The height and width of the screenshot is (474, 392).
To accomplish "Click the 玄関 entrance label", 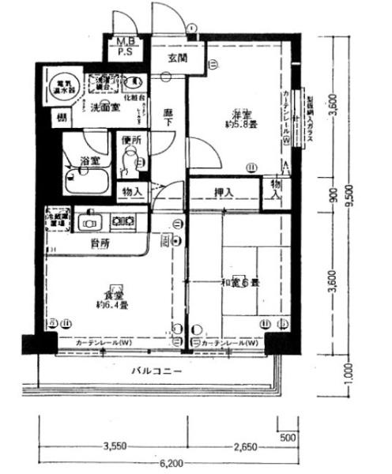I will pyautogui.click(x=177, y=58).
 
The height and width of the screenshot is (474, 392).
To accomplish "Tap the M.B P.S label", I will pyautogui.click(x=126, y=48).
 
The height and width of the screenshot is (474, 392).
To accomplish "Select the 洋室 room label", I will pyautogui.click(x=239, y=117).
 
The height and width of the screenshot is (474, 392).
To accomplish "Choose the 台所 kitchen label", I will pyautogui.click(x=100, y=245).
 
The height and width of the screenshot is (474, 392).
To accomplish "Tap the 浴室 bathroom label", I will pyautogui.click(x=89, y=162).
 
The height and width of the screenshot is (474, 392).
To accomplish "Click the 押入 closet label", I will pyautogui.click(x=224, y=191).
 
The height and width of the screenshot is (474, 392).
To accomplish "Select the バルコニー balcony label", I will pyautogui.click(x=157, y=370).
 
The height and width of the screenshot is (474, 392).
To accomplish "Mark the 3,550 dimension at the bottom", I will pyautogui.click(x=116, y=448).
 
